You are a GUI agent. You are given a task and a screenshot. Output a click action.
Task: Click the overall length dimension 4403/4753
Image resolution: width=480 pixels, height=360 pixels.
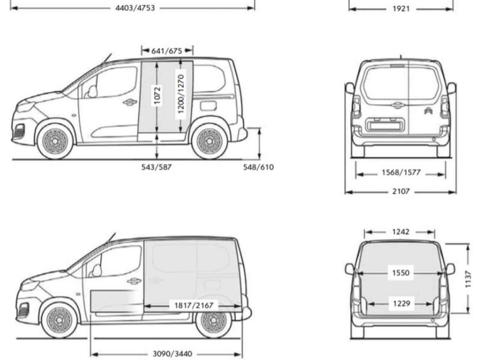[135, 8]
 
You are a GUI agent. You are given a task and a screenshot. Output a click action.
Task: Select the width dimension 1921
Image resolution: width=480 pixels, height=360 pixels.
[401, 9]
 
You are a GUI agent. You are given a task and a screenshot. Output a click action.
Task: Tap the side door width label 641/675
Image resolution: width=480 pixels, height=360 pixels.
[166, 51]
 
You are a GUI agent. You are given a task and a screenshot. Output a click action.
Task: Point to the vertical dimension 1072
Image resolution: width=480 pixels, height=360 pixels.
[157, 96]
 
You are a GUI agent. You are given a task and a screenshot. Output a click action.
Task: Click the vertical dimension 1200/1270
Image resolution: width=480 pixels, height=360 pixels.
[181, 94]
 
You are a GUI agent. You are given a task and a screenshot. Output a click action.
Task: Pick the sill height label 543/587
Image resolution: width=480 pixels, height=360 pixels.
[156, 167]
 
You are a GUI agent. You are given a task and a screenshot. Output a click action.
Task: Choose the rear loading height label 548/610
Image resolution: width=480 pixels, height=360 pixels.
[258, 167]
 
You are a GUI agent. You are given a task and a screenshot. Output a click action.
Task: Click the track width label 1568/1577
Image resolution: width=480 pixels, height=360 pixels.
[401, 172]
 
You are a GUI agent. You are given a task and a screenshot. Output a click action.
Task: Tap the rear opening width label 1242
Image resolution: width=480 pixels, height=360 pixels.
[400, 232]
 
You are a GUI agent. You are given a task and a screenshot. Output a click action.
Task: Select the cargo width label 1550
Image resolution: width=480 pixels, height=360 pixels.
[400, 273]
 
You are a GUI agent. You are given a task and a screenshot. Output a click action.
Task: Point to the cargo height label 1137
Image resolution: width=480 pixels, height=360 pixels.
[468, 279]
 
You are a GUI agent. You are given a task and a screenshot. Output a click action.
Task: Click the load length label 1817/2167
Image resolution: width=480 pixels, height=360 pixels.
[194, 305]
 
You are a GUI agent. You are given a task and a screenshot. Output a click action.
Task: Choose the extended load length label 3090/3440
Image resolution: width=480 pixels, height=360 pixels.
[172, 354]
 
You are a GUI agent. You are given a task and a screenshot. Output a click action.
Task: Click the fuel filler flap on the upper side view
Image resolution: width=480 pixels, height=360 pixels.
[208, 106]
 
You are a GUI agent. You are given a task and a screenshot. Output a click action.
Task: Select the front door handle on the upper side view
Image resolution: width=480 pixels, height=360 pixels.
[129, 102]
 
